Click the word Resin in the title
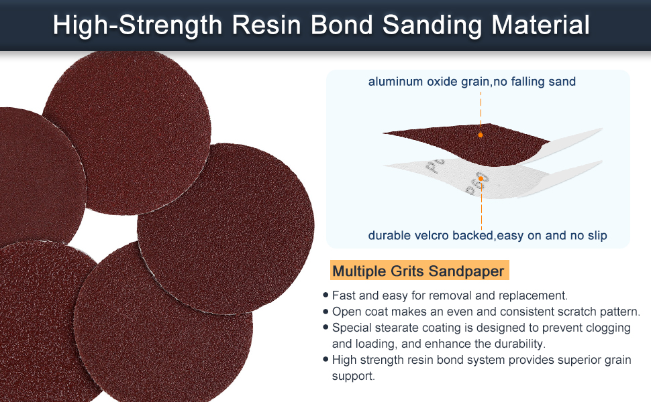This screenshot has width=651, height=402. click(266, 25)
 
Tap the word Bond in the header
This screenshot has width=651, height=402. click(342, 25)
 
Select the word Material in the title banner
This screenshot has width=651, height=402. click(540, 25)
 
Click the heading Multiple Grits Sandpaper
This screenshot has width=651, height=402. click(418, 271)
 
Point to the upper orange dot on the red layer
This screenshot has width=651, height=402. click(481, 135)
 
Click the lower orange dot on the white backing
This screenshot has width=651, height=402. click(481, 179)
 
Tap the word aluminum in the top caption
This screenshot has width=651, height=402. click(395, 81)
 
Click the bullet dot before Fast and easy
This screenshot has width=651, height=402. click(325, 295)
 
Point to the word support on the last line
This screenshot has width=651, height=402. click(352, 377)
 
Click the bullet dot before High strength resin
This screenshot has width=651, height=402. click(325, 359)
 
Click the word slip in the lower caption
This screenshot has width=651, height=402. click(597, 235)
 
